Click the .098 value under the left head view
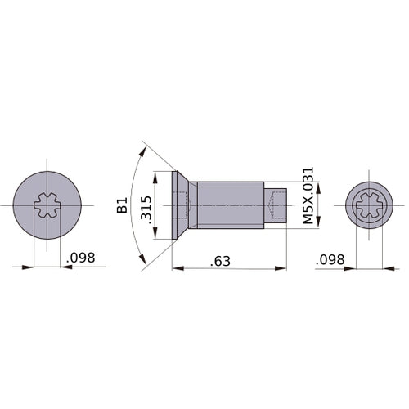79,258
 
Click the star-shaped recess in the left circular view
47,205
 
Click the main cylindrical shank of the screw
231,205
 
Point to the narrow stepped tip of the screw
276,205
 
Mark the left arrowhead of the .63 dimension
176,267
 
